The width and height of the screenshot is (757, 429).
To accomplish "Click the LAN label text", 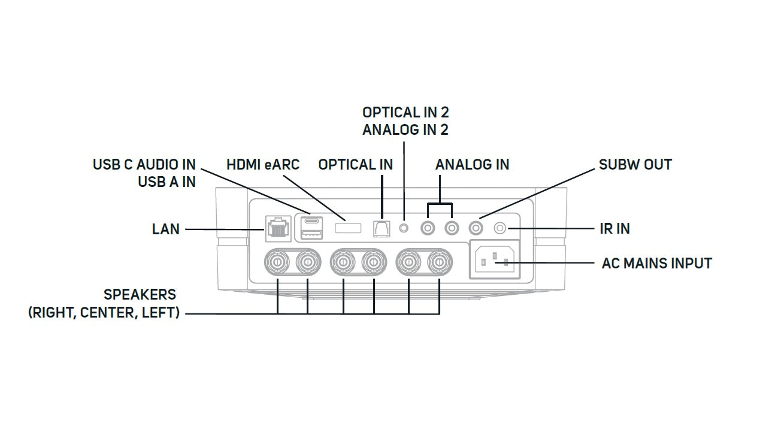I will pos(165,229).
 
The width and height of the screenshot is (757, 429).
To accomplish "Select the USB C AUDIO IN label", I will pos(144,164).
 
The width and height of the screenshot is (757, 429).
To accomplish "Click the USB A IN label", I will pos(166,182).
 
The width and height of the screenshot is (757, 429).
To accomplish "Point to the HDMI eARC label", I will pos(262,164).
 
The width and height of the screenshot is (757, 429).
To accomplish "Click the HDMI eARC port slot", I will pos(347,228).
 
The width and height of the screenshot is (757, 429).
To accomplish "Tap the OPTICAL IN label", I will pos(355,164).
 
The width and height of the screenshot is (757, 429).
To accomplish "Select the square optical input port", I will pos(381,228).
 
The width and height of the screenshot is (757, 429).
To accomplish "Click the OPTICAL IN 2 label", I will pos(405,112).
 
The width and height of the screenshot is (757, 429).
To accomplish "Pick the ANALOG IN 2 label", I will pos(405,129).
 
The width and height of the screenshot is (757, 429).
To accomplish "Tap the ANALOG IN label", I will pos(472,164).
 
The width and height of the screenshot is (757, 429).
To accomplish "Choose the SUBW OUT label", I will pos(635,164).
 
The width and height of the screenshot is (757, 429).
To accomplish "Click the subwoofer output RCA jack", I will pos(476,228).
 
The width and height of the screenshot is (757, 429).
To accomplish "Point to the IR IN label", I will pos(614,228).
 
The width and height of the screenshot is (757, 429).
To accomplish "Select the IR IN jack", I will pos(499,228).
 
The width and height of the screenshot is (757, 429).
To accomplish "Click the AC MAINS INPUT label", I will pos(656,263).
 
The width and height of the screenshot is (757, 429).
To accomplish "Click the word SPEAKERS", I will pos(140,295).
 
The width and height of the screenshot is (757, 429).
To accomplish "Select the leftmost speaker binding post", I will pos(277,261).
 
